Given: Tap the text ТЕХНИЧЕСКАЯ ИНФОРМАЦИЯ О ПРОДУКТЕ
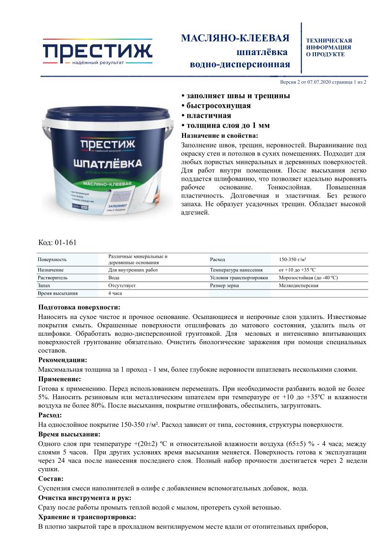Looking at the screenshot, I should point(329,48).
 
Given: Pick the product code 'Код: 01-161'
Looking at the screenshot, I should point(57,242).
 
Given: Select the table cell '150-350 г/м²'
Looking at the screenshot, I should point(292,259).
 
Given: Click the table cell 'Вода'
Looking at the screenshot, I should point(114,277).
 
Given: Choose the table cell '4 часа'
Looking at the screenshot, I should point(116,293).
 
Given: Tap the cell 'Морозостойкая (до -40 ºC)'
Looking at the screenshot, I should point(308,277).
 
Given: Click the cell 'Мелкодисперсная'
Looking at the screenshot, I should point(299,285).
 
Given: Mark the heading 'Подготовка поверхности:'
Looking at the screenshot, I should point(79,307).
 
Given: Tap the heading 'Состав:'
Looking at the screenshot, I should point(51,479).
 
